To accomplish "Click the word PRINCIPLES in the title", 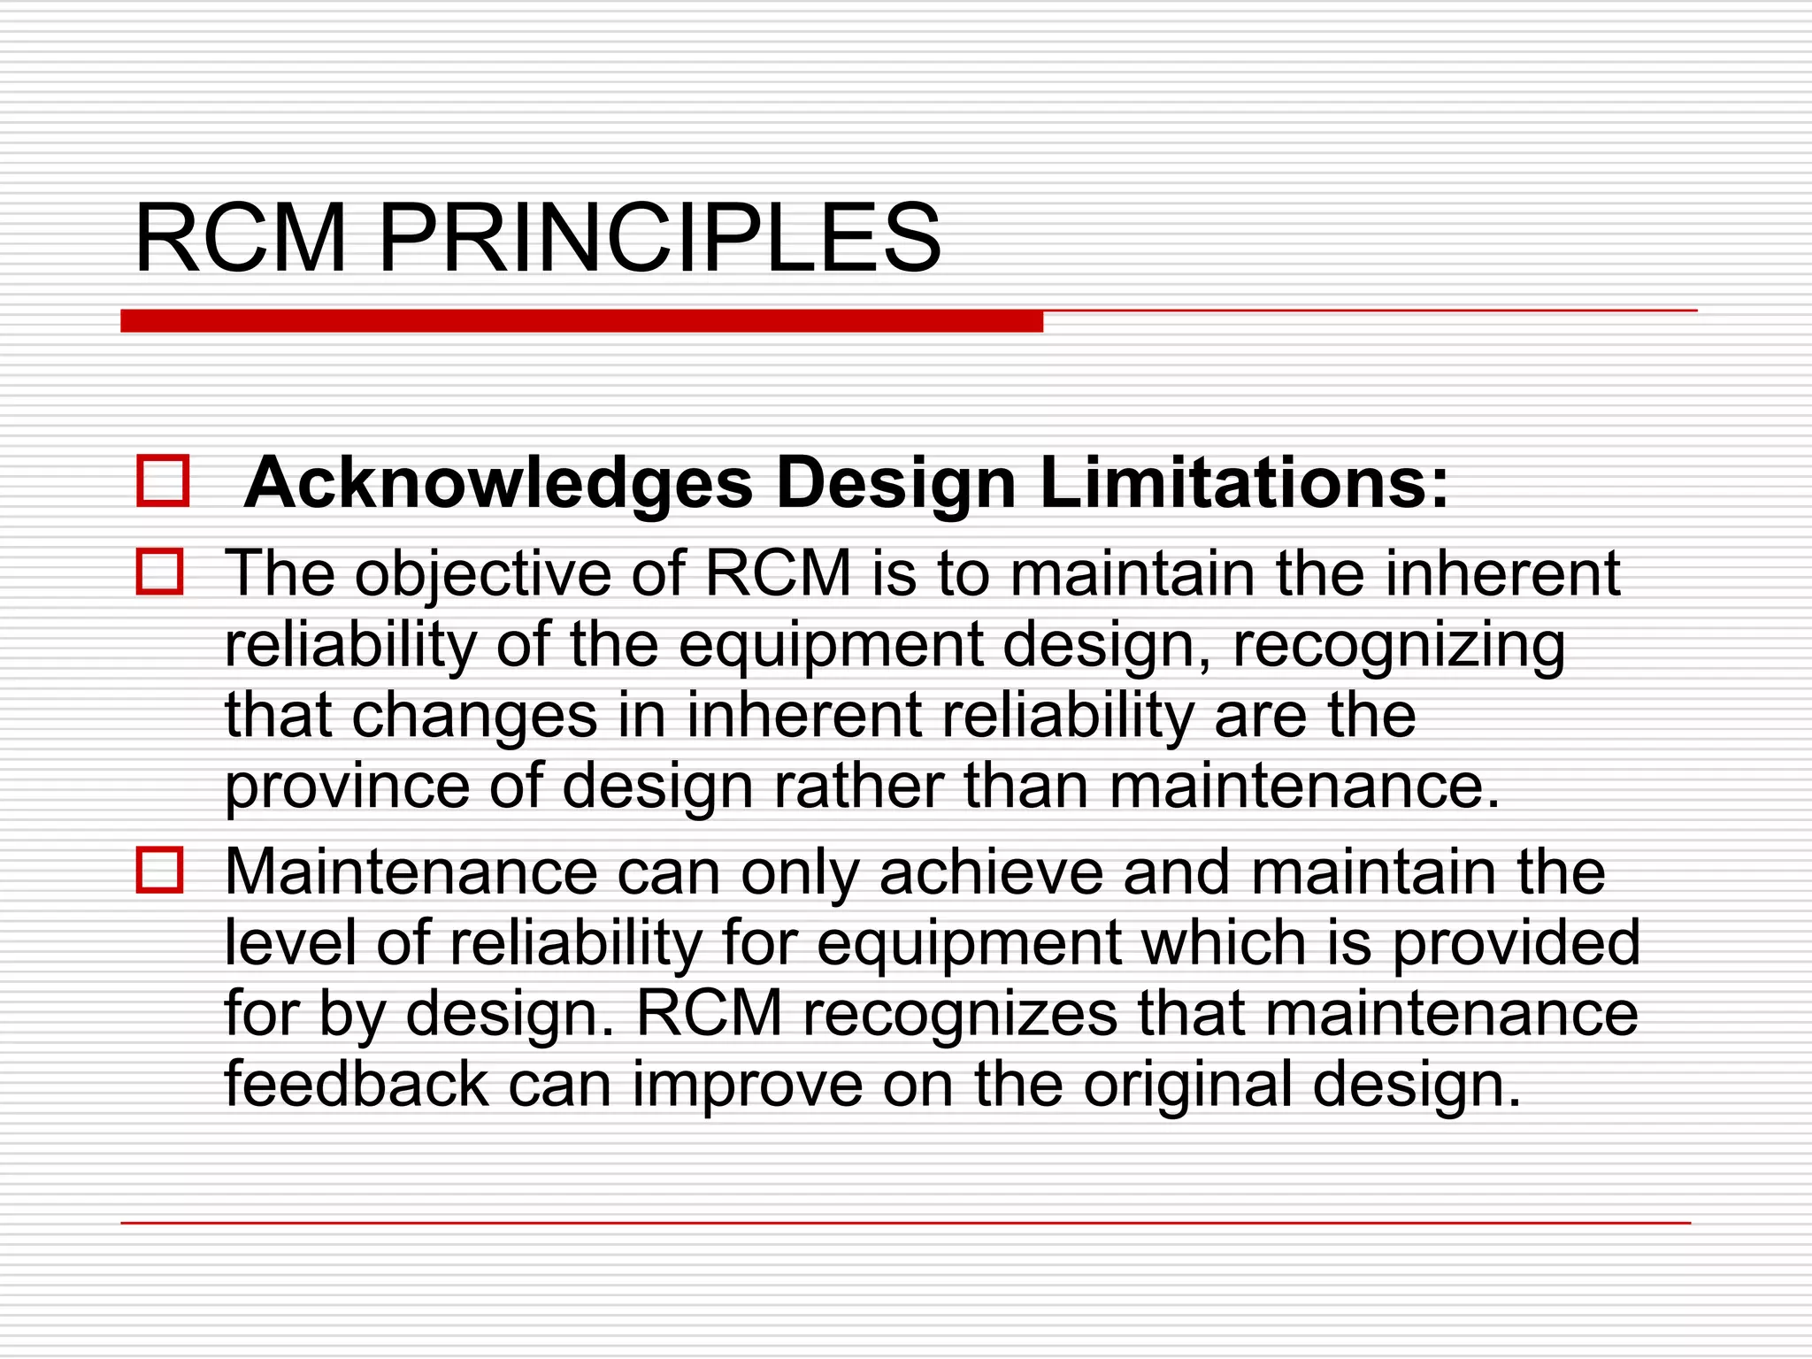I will coord(659,239).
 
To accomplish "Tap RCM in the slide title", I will coord(240,239).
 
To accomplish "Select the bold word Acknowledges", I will coord(498,483).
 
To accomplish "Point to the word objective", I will coord(483,575).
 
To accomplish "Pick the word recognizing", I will coord(1398,646).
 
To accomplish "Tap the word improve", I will coord(747,1086).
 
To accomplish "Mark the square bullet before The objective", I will coord(160,572).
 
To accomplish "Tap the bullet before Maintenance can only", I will coord(160,870).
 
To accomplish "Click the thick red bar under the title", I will coord(581,320).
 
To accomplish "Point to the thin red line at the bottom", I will coord(905,1223).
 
